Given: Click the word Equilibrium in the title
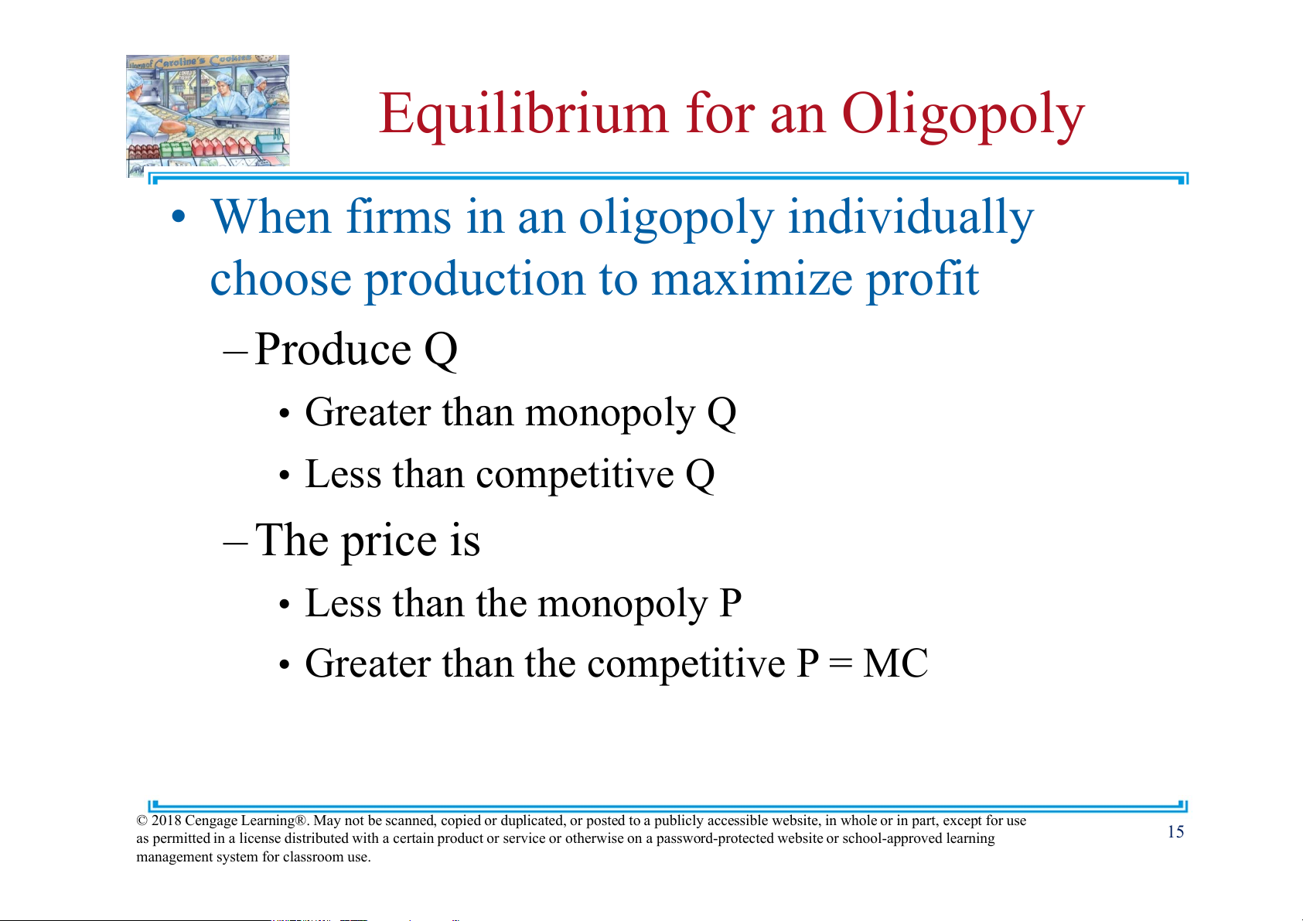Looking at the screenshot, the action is tap(523, 115).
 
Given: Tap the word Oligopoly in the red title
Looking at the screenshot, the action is tap(963, 115).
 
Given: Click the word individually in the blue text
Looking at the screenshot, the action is tap(910, 217).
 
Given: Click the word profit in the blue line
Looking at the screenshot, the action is tap(923, 281).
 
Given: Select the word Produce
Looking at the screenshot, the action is tap(333, 349).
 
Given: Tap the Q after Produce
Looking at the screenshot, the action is tap(440, 350).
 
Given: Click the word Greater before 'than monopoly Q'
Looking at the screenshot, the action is tap(367, 412).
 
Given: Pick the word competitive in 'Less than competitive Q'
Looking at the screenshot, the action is tap(575, 475).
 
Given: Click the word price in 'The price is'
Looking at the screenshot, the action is tap(388, 542).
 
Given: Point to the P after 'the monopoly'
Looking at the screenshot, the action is tap(730, 603).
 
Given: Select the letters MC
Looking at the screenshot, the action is tap(895, 663).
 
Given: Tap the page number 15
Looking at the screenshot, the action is tap(1175, 832).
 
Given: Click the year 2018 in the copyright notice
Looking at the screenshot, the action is tap(165, 821).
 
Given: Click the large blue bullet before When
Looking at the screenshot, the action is tap(179, 217).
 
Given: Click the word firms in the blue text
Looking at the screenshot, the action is tap(398, 217).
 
